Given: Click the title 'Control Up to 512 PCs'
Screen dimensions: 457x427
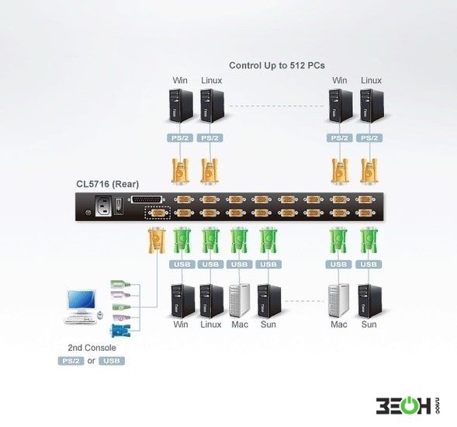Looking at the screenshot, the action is coord(276,66).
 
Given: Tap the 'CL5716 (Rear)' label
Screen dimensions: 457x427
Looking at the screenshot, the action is coord(108,184).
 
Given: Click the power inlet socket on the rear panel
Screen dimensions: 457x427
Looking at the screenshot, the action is coord(103,207).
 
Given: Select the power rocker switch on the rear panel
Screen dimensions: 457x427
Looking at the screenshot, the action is coord(118,206).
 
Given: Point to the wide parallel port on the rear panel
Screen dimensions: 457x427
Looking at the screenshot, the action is coord(147,200).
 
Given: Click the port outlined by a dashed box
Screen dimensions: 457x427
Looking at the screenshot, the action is coord(158,213).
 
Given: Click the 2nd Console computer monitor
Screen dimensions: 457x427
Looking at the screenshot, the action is coord(81,301).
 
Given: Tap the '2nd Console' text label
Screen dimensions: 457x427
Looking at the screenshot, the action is coord(92,348).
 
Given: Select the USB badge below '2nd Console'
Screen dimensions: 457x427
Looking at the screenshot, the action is coord(112,361).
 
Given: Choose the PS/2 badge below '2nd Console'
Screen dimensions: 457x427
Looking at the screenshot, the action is coord(71,361).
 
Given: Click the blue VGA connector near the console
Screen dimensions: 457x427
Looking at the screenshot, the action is coord(120,331).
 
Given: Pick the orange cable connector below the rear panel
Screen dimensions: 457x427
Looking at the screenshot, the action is coord(157,240).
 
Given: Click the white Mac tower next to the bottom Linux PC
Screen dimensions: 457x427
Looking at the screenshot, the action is coord(239,300).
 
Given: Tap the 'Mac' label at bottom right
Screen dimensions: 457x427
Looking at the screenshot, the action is coord(339,325).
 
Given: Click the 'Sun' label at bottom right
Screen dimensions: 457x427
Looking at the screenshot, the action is coord(369,325).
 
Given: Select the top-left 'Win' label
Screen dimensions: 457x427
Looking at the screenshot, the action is coord(180,80).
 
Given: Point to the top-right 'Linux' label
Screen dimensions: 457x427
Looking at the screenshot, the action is coord(371,80).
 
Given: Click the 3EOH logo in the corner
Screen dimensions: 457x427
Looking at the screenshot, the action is coord(407,404).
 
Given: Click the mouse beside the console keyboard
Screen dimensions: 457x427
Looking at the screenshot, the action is coord(100,314).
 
